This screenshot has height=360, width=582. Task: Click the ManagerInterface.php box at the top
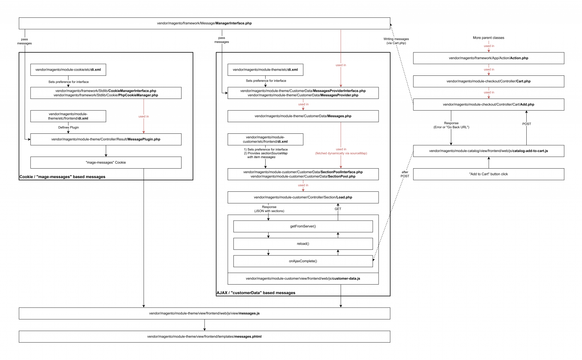click(x=204, y=23)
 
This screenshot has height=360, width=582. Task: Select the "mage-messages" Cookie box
click(x=106, y=163)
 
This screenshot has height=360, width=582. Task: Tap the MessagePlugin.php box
click(x=106, y=139)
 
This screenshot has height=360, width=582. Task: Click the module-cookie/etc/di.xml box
click(x=68, y=70)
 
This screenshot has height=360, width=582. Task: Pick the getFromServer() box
click(x=303, y=226)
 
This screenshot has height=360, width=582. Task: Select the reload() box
click(x=303, y=244)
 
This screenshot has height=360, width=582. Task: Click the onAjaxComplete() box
click(x=303, y=261)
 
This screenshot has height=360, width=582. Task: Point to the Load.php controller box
click(x=303, y=197)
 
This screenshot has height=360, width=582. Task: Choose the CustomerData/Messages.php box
click(x=303, y=116)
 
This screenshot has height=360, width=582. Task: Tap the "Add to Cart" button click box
click(x=488, y=174)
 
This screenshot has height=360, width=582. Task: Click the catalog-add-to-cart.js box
click(x=488, y=151)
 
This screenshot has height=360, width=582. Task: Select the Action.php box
click(x=488, y=58)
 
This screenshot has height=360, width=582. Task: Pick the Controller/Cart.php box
click(x=488, y=81)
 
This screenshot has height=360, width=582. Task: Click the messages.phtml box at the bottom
click(x=204, y=337)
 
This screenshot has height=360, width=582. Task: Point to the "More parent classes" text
click(x=488, y=38)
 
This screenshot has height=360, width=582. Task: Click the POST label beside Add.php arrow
click(x=527, y=124)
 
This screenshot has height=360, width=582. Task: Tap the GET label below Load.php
click(x=338, y=209)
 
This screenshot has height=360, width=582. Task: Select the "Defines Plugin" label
click(x=69, y=127)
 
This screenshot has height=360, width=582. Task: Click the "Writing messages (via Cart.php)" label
click(x=396, y=41)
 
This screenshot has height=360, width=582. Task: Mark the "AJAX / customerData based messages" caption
click(x=256, y=293)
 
